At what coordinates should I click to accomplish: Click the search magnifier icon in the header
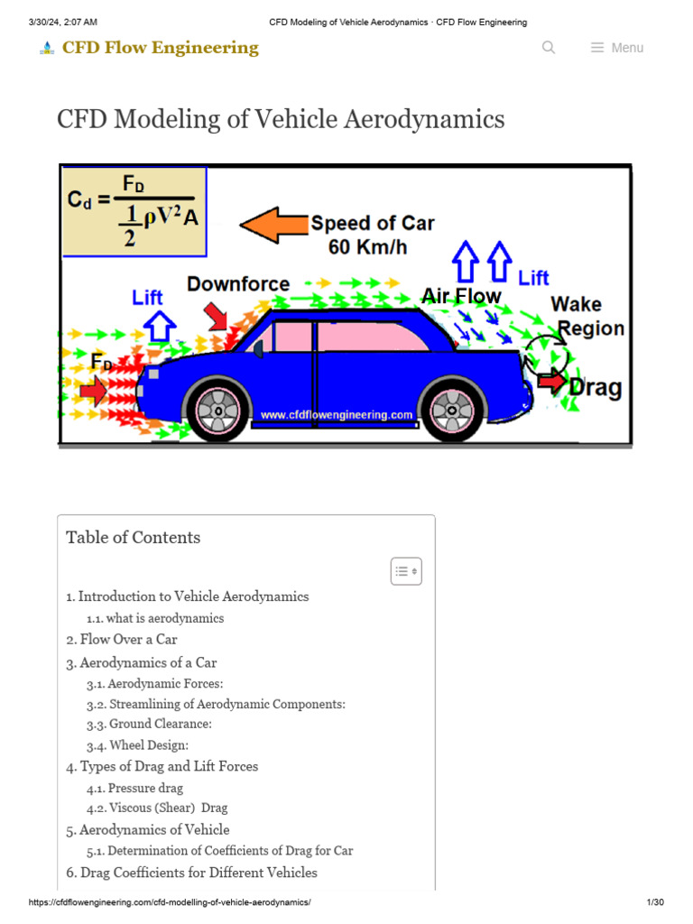point(549,48)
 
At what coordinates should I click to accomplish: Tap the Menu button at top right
point(617,48)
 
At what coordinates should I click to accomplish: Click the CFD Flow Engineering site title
point(160,48)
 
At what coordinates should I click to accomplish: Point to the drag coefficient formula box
point(134,211)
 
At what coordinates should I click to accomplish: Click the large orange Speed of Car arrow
point(273,225)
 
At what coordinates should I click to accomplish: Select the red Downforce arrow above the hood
point(217,316)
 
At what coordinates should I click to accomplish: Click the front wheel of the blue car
point(217,411)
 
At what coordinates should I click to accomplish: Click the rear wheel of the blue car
point(452,411)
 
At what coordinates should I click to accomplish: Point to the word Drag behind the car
point(596,388)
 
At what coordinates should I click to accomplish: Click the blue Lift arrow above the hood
point(160,326)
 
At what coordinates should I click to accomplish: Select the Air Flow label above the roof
point(461,296)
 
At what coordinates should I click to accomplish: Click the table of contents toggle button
point(406,571)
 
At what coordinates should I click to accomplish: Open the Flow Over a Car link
point(122,639)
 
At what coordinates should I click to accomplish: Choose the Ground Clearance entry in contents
point(149,725)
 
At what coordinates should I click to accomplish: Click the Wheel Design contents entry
point(137,746)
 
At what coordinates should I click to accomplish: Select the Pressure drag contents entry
point(134,789)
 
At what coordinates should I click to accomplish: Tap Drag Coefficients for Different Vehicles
point(191,873)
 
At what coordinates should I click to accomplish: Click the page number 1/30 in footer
point(655,903)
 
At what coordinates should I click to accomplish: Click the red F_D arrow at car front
point(93,391)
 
